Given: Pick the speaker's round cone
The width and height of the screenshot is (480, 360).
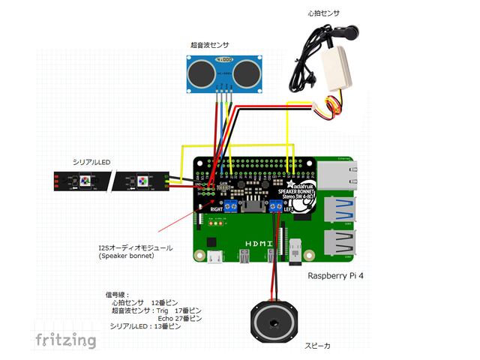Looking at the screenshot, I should (x=271, y=322).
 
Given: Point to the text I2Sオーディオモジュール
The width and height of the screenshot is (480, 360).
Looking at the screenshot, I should (x=136, y=247).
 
